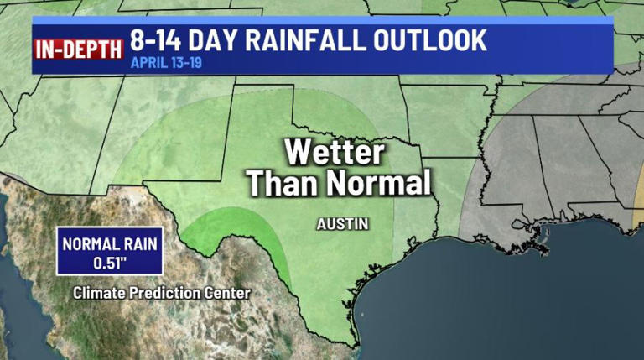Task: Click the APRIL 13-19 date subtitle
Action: (x=168, y=63)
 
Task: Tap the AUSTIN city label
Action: (x=343, y=224)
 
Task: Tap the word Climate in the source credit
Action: (x=100, y=293)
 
